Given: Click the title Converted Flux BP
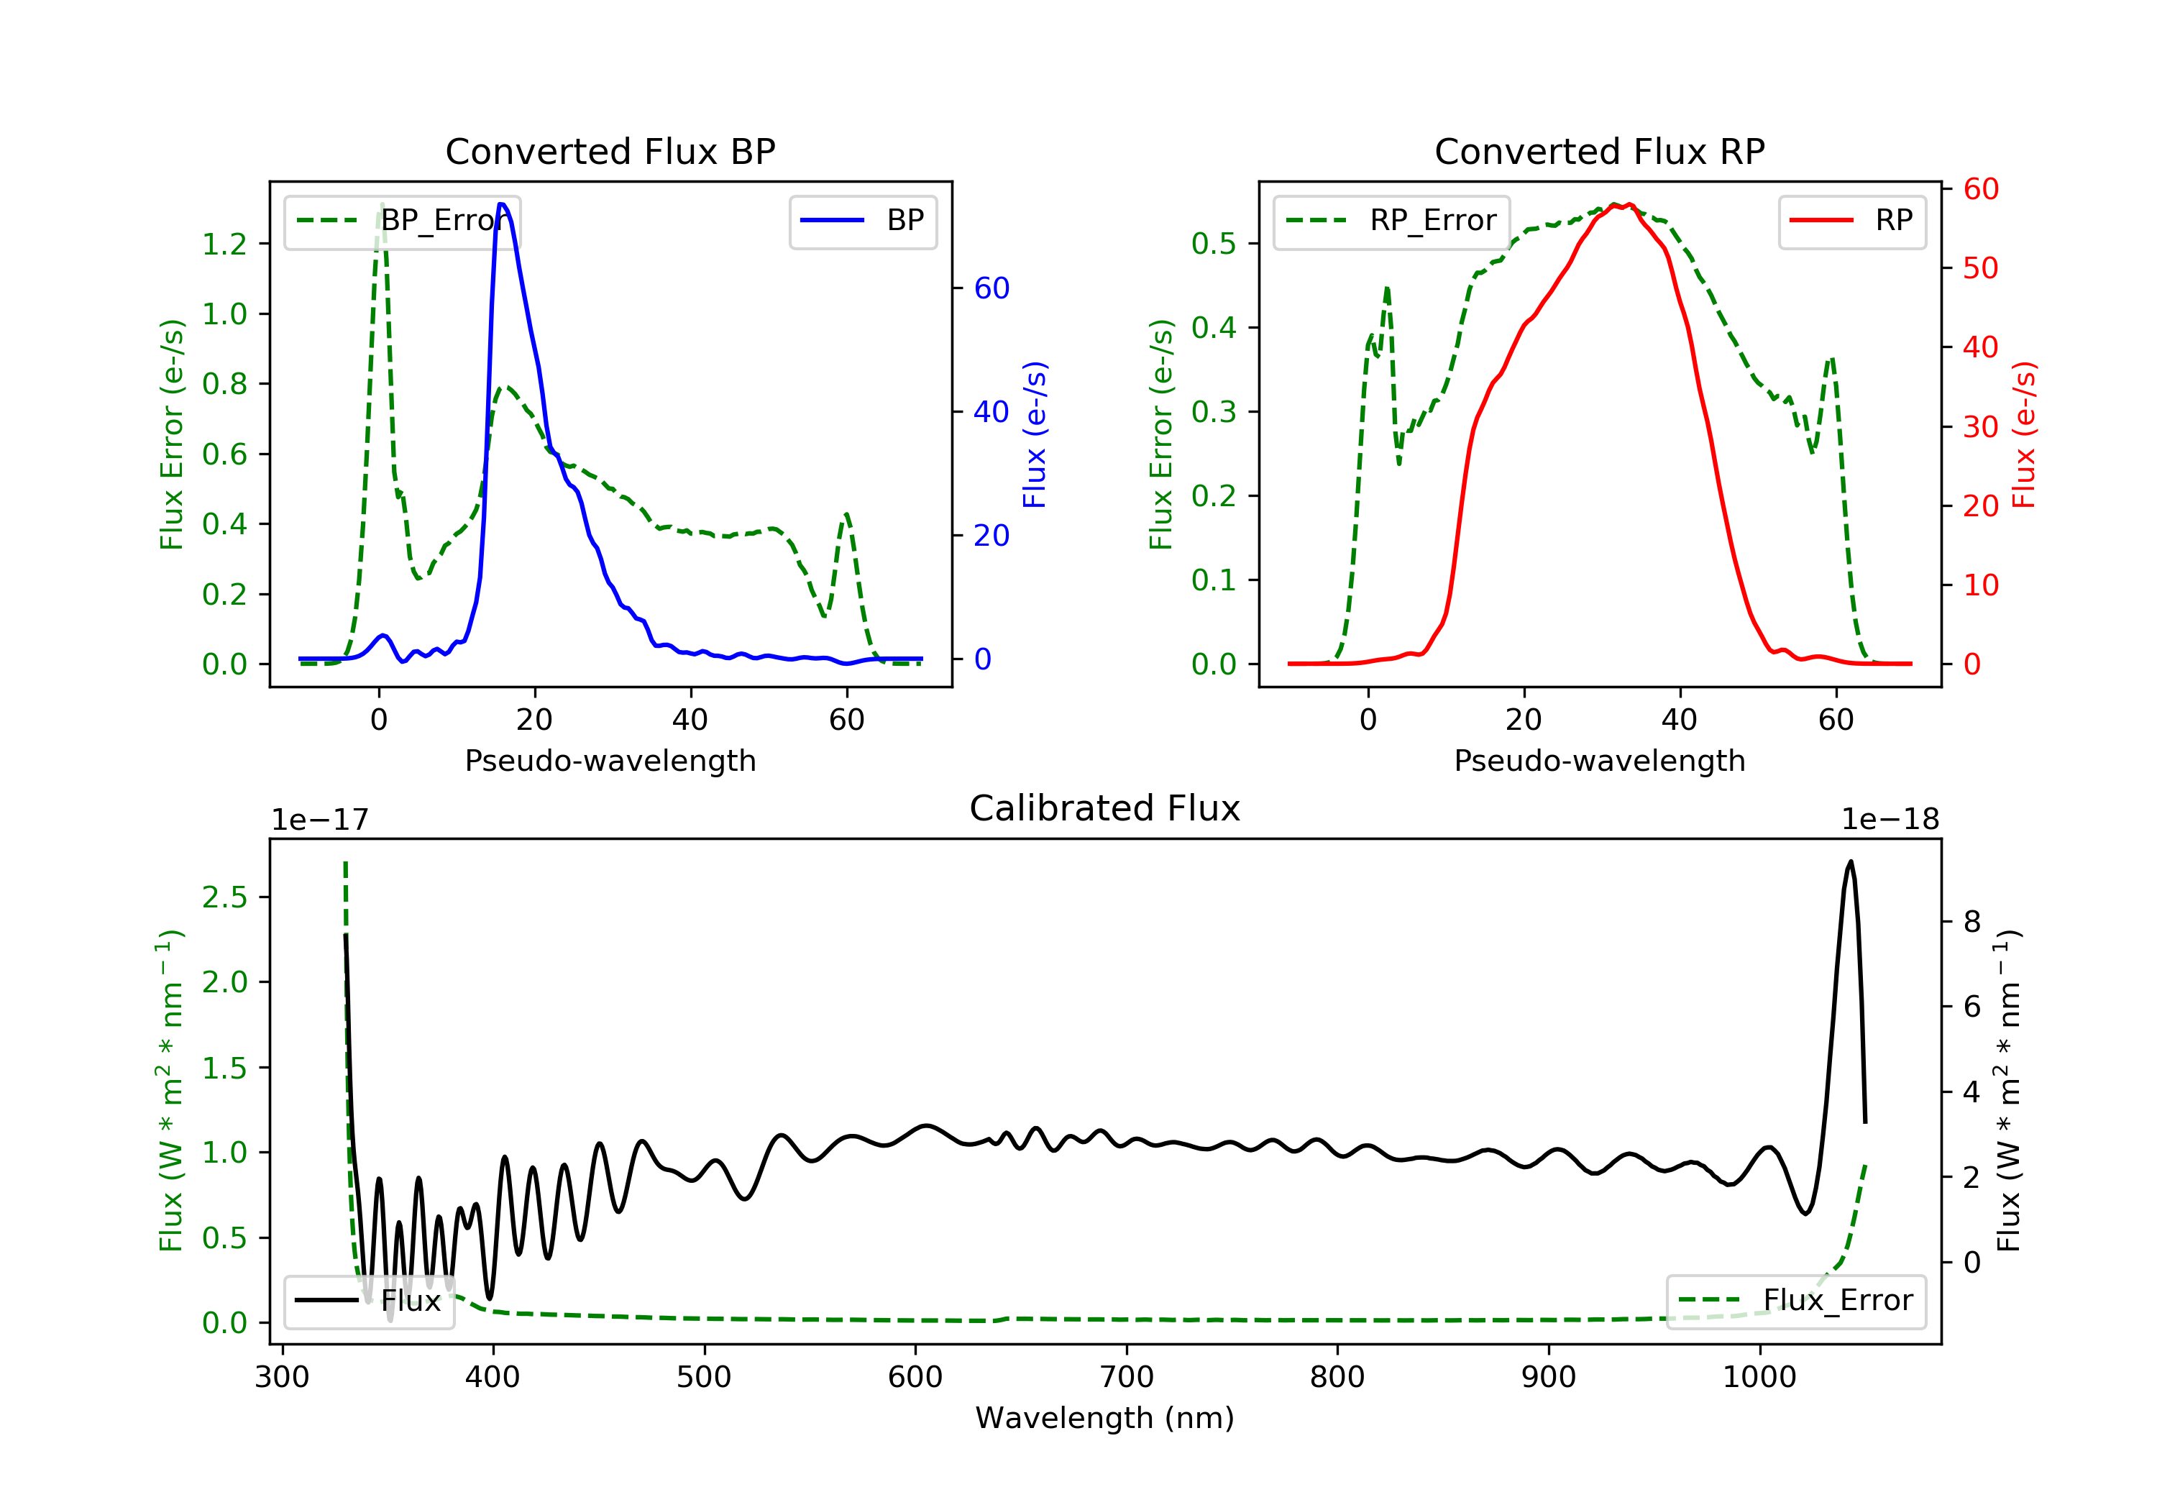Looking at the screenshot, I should click(x=610, y=151).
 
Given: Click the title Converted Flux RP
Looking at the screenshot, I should click(x=1599, y=151).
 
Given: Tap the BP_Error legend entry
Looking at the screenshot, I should click(x=402, y=221).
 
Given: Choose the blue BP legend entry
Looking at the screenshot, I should click(x=862, y=221).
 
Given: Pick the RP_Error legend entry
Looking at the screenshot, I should click(x=1391, y=221).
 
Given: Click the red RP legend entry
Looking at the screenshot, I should click(x=1851, y=221).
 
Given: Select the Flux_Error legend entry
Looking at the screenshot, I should click(x=1795, y=1301).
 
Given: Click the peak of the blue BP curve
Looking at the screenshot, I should click(x=502, y=204).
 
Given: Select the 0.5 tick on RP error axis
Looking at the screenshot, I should click(x=1214, y=244).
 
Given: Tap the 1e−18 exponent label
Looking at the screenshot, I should click(x=1890, y=820).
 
